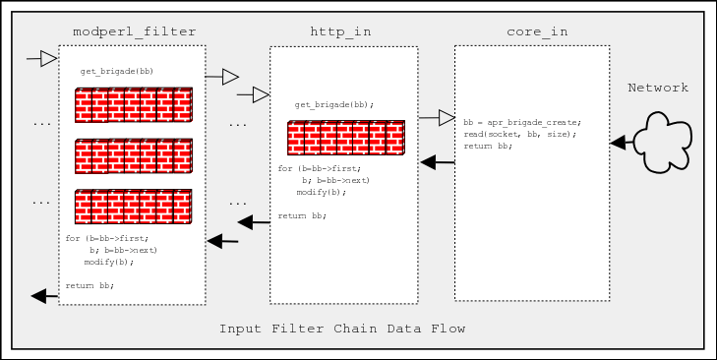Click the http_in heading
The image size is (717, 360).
pos(341,31)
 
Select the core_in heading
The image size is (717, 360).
pos(537,31)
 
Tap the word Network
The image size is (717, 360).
pos(658,89)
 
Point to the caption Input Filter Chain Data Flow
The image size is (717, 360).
pos(342,328)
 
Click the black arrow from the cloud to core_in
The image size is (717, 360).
pos(622,143)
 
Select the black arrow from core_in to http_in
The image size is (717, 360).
pos(437,161)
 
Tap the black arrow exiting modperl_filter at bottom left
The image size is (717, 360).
pos(44,295)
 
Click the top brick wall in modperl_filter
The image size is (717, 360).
pos(133,104)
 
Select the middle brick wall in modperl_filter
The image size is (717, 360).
pos(133,155)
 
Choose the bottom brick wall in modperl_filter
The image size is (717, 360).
pos(133,207)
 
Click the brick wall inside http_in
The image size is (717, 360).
pos(345,138)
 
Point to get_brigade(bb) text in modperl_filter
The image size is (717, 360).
pos(117,72)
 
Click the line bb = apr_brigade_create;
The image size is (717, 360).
pos(522,122)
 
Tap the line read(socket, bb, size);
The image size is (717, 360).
pos(519,134)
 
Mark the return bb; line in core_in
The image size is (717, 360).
pos(488,146)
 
